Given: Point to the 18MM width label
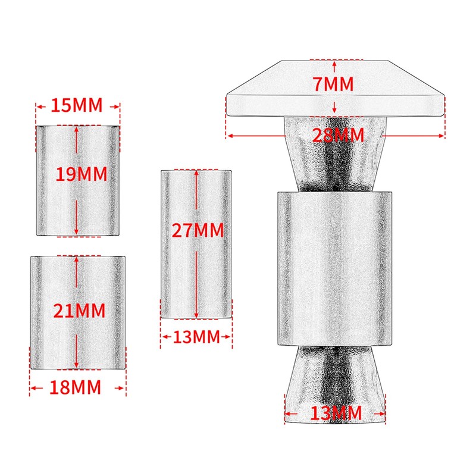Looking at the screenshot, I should click(x=77, y=387).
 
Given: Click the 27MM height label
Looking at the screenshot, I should click(x=197, y=230).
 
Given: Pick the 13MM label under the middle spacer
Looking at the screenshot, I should click(x=196, y=337).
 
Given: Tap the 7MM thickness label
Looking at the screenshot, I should click(x=335, y=84).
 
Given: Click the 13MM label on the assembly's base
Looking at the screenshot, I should click(x=336, y=412).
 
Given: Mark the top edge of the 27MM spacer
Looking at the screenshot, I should click(x=196, y=170).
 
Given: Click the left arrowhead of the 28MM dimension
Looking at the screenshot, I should click(x=230, y=136).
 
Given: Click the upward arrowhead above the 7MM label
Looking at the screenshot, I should click(x=336, y=62).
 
